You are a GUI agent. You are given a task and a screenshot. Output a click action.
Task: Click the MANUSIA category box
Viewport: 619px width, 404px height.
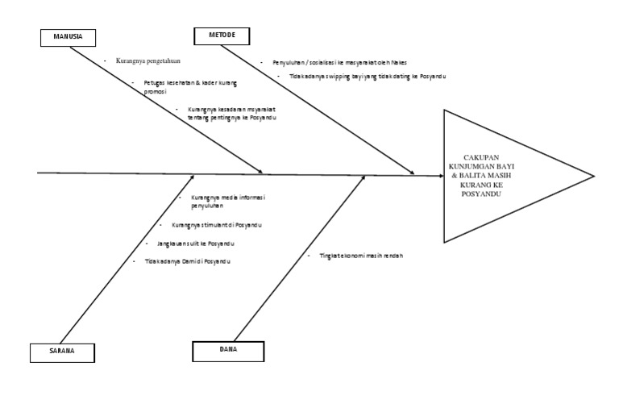(67, 37)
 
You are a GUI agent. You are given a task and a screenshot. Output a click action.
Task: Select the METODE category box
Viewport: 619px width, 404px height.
(221, 35)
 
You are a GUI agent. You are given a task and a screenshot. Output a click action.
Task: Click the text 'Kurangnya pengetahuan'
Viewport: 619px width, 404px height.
(147, 60)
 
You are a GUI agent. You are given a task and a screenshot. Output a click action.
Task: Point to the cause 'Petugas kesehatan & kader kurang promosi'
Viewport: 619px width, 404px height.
(195, 86)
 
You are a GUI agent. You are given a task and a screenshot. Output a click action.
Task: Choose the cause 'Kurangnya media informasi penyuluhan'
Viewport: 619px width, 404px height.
(228, 201)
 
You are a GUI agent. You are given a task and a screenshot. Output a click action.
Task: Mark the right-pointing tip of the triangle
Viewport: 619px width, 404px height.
(595, 175)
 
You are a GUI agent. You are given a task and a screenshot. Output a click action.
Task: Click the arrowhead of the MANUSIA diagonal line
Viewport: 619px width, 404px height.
(261, 171)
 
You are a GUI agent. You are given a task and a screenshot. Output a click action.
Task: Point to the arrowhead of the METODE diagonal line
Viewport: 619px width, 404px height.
(413, 172)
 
